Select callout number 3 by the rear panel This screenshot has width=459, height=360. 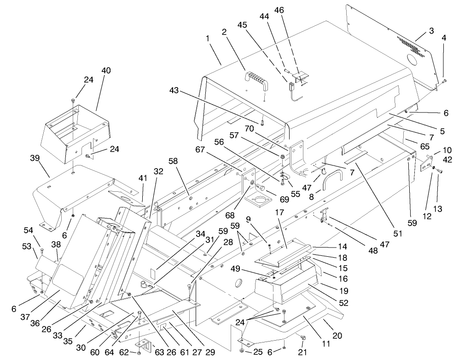[x=431, y=31]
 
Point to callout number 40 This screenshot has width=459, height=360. [x=106, y=71]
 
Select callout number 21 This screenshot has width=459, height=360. [x=303, y=353]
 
